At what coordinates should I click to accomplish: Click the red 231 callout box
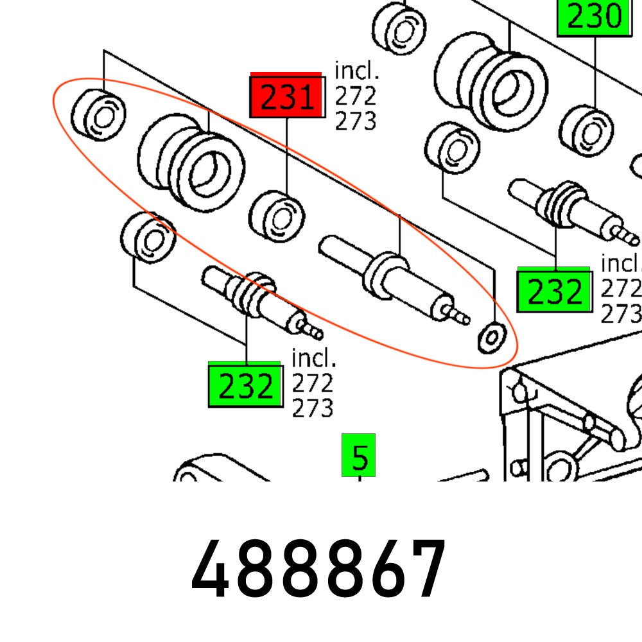pyautogui.click(x=286, y=98)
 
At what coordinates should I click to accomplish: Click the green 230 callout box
pyautogui.click(x=594, y=17)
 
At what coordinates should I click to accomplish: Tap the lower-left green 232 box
pyautogui.click(x=245, y=385)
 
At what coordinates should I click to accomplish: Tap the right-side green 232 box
pyautogui.click(x=554, y=290)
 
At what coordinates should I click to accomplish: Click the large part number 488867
pyautogui.click(x=319, y=570)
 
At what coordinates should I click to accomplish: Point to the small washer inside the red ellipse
pyautogui.click(x=492, y=337)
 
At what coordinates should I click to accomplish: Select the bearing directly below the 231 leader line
pyautogui.click(x=277, y=217)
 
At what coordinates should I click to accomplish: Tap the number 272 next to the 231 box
pyautogui.click(x=355, y=96)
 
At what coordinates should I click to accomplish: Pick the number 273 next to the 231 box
pyautogui.click(x=355, y=121)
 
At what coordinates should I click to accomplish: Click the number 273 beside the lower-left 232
pyautogui.click(x=313, y=408)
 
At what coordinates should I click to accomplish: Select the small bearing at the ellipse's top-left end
pyautogui.click(x=98, y=114)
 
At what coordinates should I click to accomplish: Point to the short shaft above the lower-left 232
pyautogui.click(x=260, y=300)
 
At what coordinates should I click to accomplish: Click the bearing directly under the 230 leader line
pyautogui.click(x=588, y=131)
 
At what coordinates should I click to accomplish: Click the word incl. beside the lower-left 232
pyautogui.click(x=314, y=357)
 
